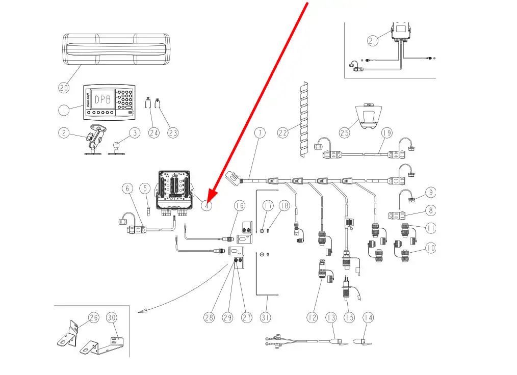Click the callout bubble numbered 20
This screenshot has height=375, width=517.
click(x=64, y=88)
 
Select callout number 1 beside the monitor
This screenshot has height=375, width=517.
click(x=64, y=110)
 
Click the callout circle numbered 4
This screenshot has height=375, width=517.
click(x=206, y=205)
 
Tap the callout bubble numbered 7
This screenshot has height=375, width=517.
click(x=260, y=133)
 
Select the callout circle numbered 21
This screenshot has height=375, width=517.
click(x=373, y=40)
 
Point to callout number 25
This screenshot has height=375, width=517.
click(x=345, y=132)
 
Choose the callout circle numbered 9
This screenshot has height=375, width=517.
click(x=431, y=193)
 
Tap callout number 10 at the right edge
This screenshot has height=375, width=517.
click(x=431, y=248)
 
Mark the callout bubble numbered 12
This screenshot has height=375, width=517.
click(x=313, y=317)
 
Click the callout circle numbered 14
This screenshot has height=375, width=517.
click(x=368, y=317)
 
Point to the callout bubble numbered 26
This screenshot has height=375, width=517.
click(x=93, y=317)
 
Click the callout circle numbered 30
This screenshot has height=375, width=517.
click(x=112, y=317)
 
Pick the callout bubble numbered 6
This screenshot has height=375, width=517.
click(x=127, y=188)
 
